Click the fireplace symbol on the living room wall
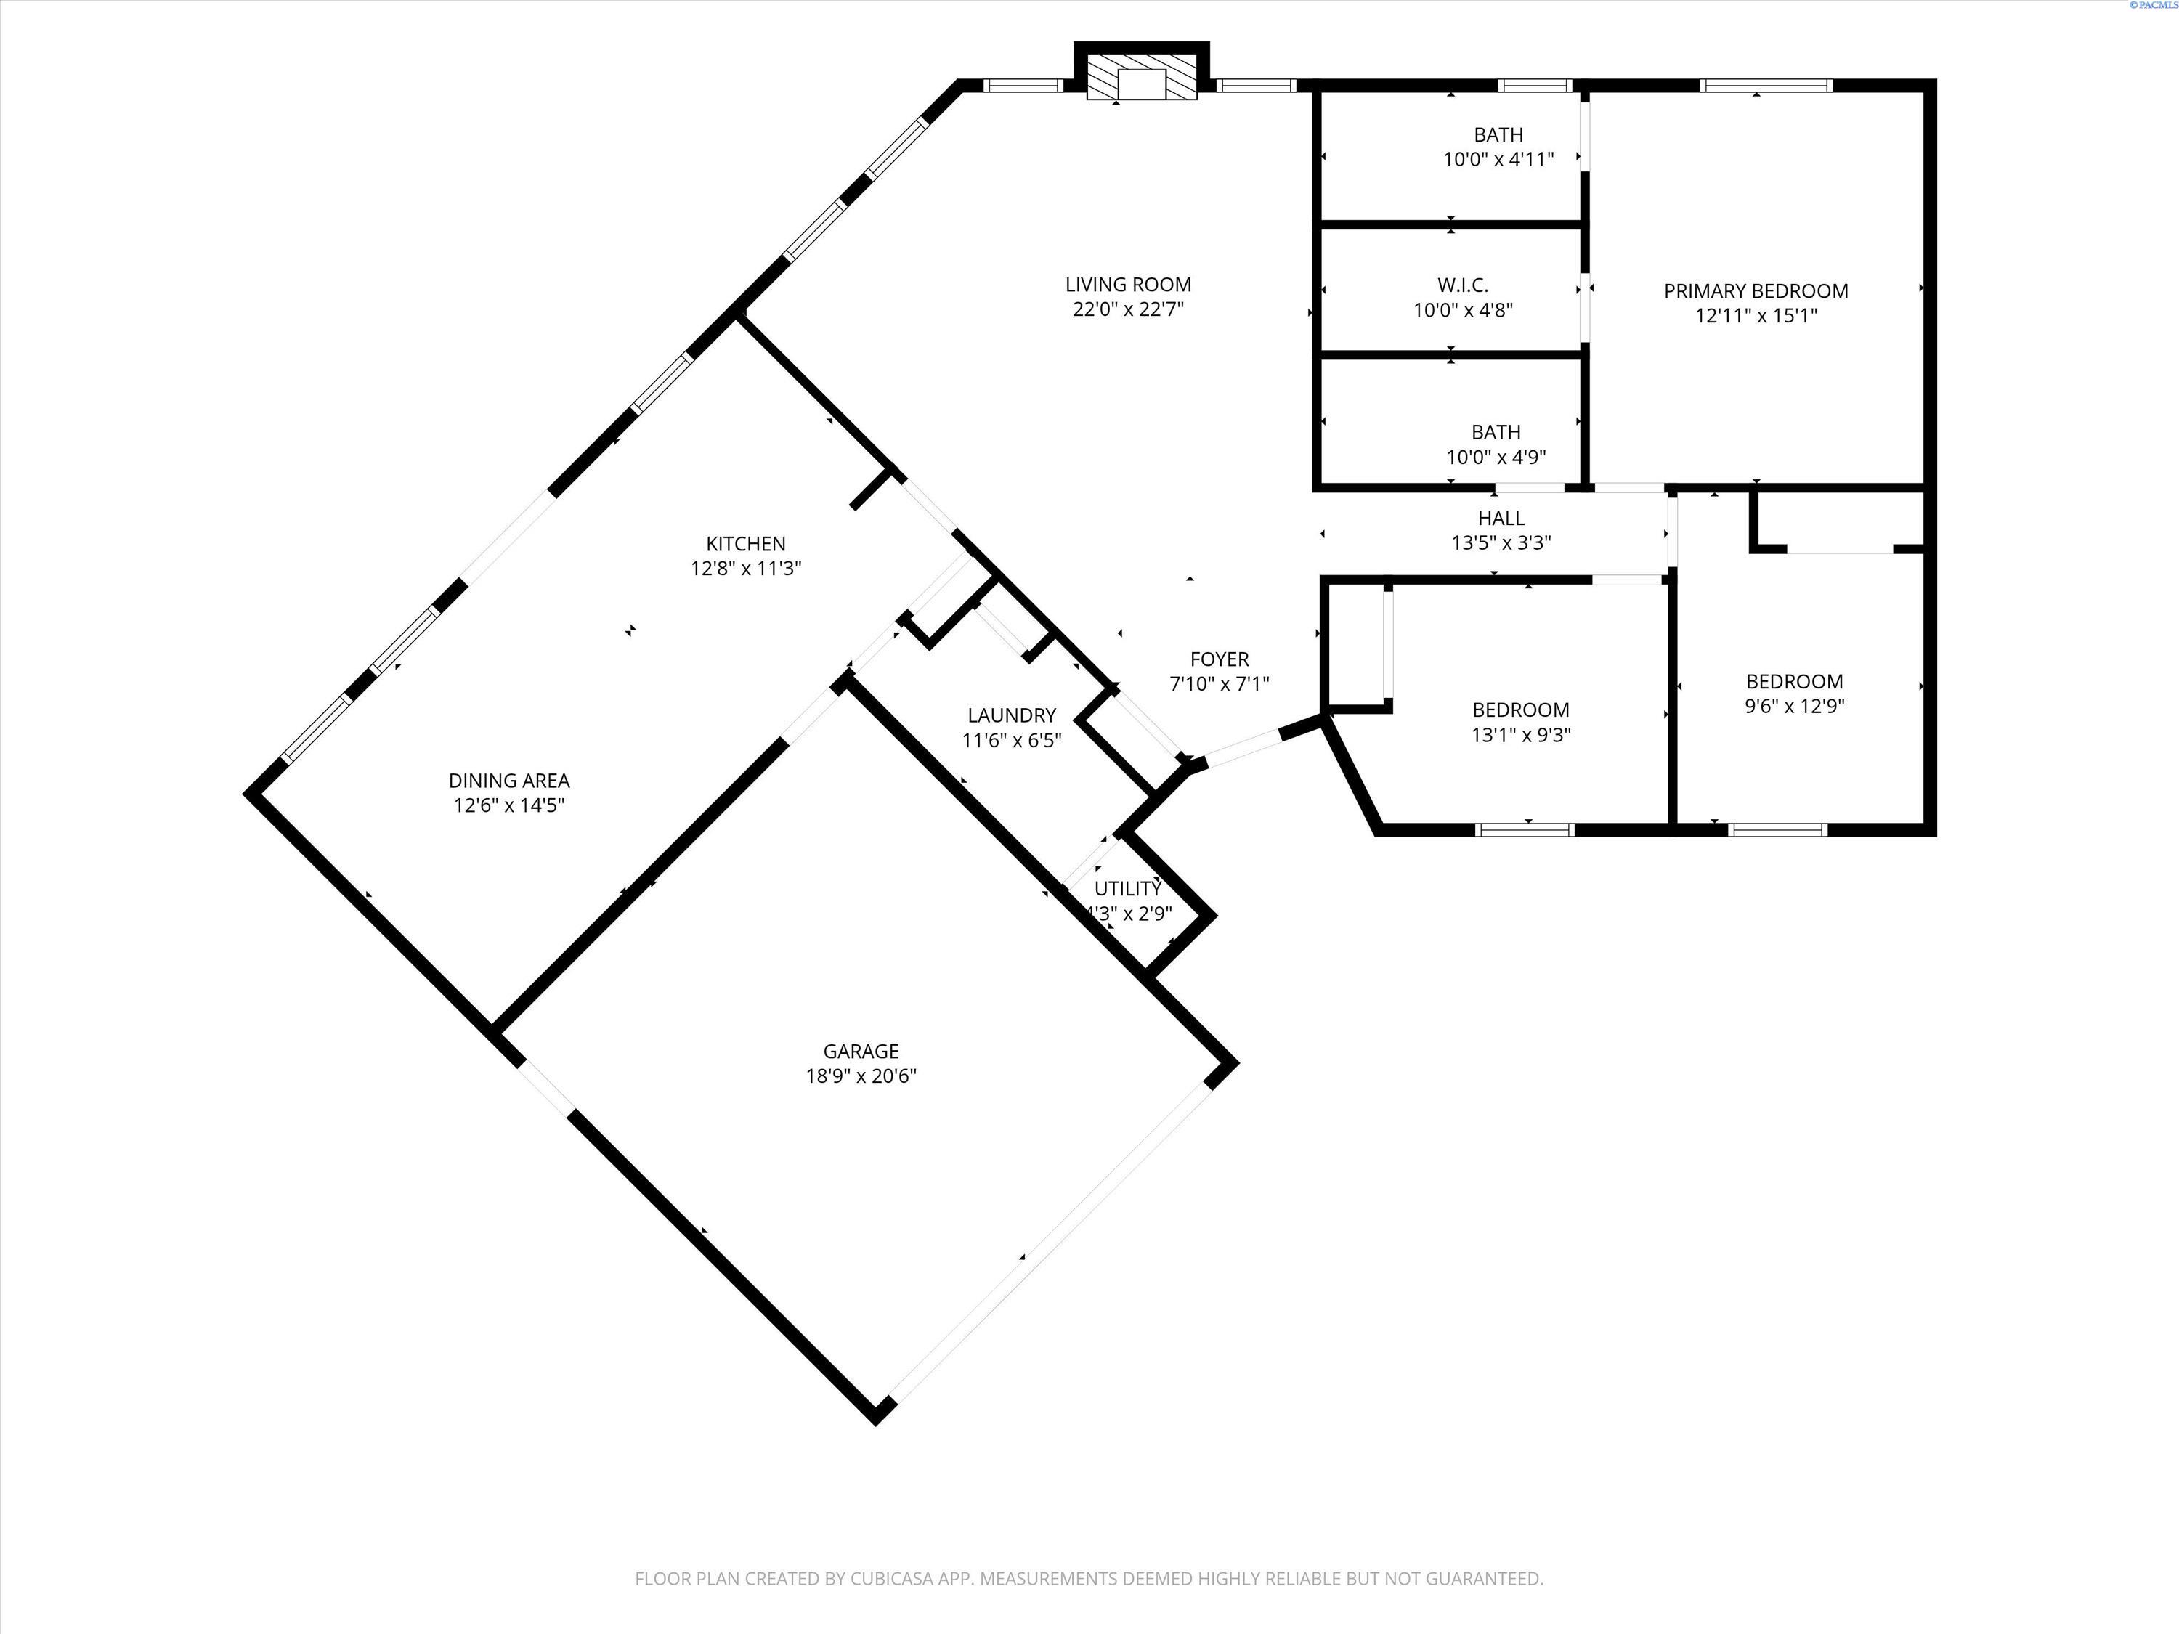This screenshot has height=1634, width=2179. click(1142, 76)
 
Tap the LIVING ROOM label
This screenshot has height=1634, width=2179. click(1128, 285)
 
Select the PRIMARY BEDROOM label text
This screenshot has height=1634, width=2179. click(1756, 291)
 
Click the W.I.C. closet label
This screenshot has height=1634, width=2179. click(1463, 285)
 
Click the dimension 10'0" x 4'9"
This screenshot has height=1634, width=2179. click(1496, 457)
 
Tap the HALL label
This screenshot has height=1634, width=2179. click(1501, 518)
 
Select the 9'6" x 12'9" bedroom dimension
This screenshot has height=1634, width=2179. click(1794, 706)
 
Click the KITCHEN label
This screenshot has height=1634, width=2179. click(746, 544)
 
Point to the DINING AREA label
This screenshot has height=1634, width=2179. click(509, 781)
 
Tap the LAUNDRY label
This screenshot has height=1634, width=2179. click(1012, 716)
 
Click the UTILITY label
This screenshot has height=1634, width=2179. click(1128, 888)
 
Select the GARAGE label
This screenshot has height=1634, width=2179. click(861, 1052)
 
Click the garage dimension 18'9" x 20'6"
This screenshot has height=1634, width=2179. click(861, 1076)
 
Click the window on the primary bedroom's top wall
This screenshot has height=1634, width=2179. click(1768, 86)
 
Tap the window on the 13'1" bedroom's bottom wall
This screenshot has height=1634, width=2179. click(1525, 829)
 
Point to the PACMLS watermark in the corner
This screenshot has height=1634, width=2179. click(2154, 5)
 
